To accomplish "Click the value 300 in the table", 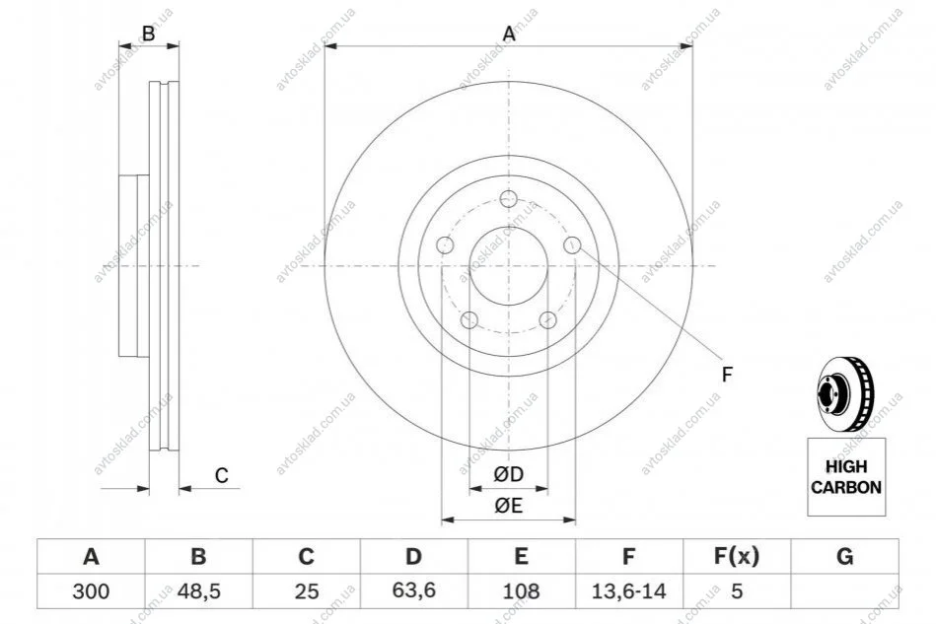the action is [91, 591].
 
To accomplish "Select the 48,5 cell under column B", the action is [199, 591].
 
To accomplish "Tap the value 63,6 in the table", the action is [413, 590].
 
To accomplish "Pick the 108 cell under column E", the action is [521, 591].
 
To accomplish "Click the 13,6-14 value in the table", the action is [628, 591].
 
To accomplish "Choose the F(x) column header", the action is [737, 557].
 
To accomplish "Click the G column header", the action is [844, 557].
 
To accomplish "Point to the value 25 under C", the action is [306, 591].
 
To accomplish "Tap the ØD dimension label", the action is [509, 474].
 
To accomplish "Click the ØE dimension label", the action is [509, 506].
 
